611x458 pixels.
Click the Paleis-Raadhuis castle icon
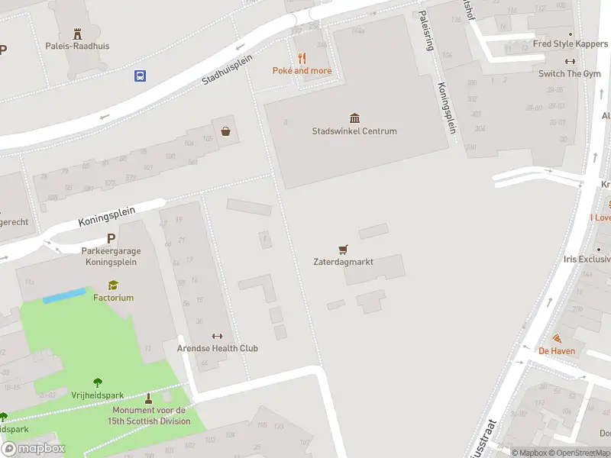coord(76,34)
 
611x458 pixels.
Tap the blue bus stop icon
coord(141,76)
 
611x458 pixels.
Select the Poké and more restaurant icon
coord(302,58)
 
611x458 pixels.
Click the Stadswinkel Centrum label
coord(354,131)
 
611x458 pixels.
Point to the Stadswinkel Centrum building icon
coord(354,118)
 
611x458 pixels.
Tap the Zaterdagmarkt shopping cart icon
coord(343,249)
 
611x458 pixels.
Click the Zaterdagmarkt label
coord(343,262)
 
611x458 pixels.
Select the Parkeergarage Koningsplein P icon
coord(111,238)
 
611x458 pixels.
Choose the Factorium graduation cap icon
coord(113,285)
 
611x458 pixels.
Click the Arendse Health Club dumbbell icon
coord(217,336)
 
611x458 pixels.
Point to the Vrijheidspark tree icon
coord(97,382)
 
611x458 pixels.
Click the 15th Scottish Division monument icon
coord(148,398)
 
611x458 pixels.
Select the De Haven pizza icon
coord(557,338)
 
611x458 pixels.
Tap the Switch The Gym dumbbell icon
coord(570,61)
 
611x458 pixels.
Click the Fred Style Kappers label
coord(570,44)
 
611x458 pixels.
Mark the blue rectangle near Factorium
coord(63,295)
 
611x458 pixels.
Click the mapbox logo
coord(34,448)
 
